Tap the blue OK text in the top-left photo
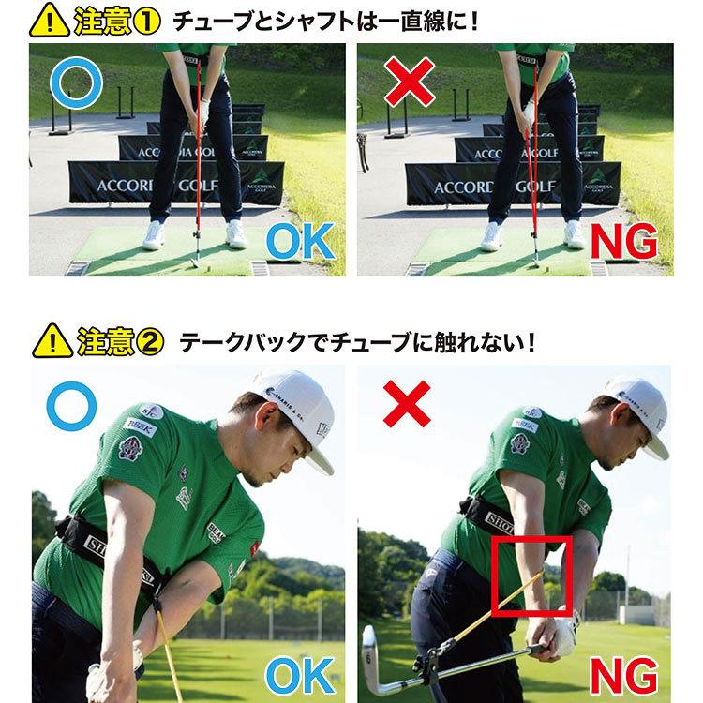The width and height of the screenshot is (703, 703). [299, 242]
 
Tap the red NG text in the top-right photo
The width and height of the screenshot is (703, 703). [623, 242]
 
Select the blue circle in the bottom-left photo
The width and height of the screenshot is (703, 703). [70, 410]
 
